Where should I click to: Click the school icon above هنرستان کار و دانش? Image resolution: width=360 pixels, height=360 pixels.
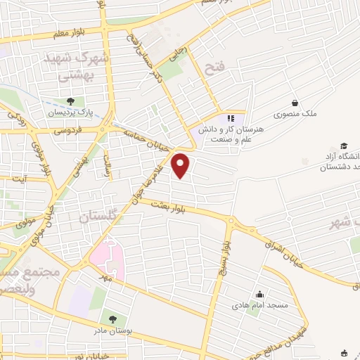(x=231, y=118)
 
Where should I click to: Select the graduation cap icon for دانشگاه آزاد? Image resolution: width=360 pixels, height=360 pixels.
(x=344, y=144)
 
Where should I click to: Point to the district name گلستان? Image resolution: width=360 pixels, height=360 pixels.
(x=103, y=217)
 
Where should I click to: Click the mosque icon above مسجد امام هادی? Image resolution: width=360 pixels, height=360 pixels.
(x=260, y=295)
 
